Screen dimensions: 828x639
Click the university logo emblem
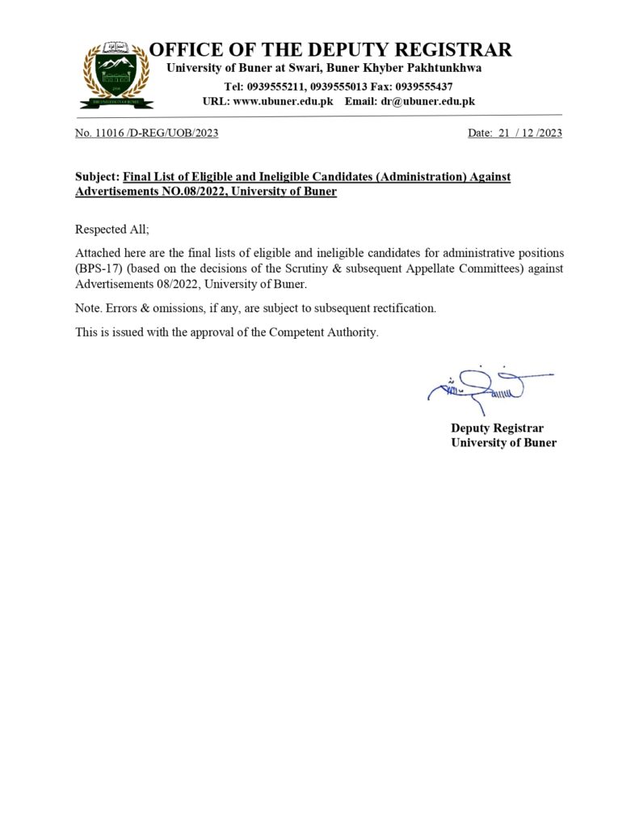point(116,74)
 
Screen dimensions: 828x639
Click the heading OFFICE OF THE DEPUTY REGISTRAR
point(330,50)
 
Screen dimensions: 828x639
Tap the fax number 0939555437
point(423,86)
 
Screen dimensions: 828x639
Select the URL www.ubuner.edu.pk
point(283,101)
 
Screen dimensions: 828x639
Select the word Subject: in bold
point(97,176)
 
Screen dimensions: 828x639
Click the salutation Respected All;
point(112,230)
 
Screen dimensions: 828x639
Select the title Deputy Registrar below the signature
point(497,428)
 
